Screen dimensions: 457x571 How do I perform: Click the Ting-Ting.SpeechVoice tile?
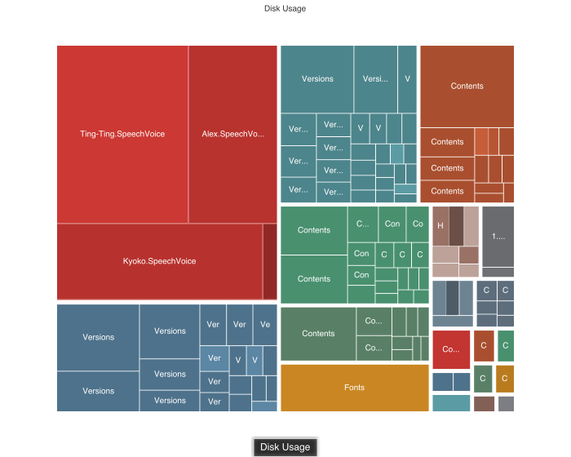click(x=122, y=134)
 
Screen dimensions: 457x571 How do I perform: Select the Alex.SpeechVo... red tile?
click(x=233, y=134)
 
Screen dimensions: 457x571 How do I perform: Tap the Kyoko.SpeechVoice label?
click(x=160, y=261)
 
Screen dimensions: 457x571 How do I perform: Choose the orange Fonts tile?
click(x=354, y=388)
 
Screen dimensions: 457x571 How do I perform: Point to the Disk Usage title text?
click(x=285, y=8)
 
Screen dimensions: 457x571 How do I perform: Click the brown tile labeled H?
click(x=440, y=225)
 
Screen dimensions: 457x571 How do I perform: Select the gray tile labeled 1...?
click(x=498, y=237)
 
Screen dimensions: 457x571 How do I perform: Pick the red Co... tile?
click(x=451, y=349)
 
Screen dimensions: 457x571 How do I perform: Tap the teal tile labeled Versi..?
click(x=375, y=79)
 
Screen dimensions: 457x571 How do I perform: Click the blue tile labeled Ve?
click(x=265, y=325)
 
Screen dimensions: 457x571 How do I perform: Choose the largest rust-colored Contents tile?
click(x=467, y=86)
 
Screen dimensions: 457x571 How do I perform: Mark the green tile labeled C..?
click(x=506, y=346)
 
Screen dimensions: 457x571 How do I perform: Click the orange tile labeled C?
click(x=505, y=379)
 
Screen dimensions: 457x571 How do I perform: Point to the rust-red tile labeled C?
click(x=483, y=346)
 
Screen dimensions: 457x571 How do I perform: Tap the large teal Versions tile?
click(x=317, y=79)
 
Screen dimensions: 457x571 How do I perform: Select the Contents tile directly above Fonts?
click(x=318, y=333)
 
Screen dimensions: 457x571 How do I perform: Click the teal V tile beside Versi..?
click(x=407, y=79)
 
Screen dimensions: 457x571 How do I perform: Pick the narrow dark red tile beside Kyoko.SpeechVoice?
click(x=270, y=261)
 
